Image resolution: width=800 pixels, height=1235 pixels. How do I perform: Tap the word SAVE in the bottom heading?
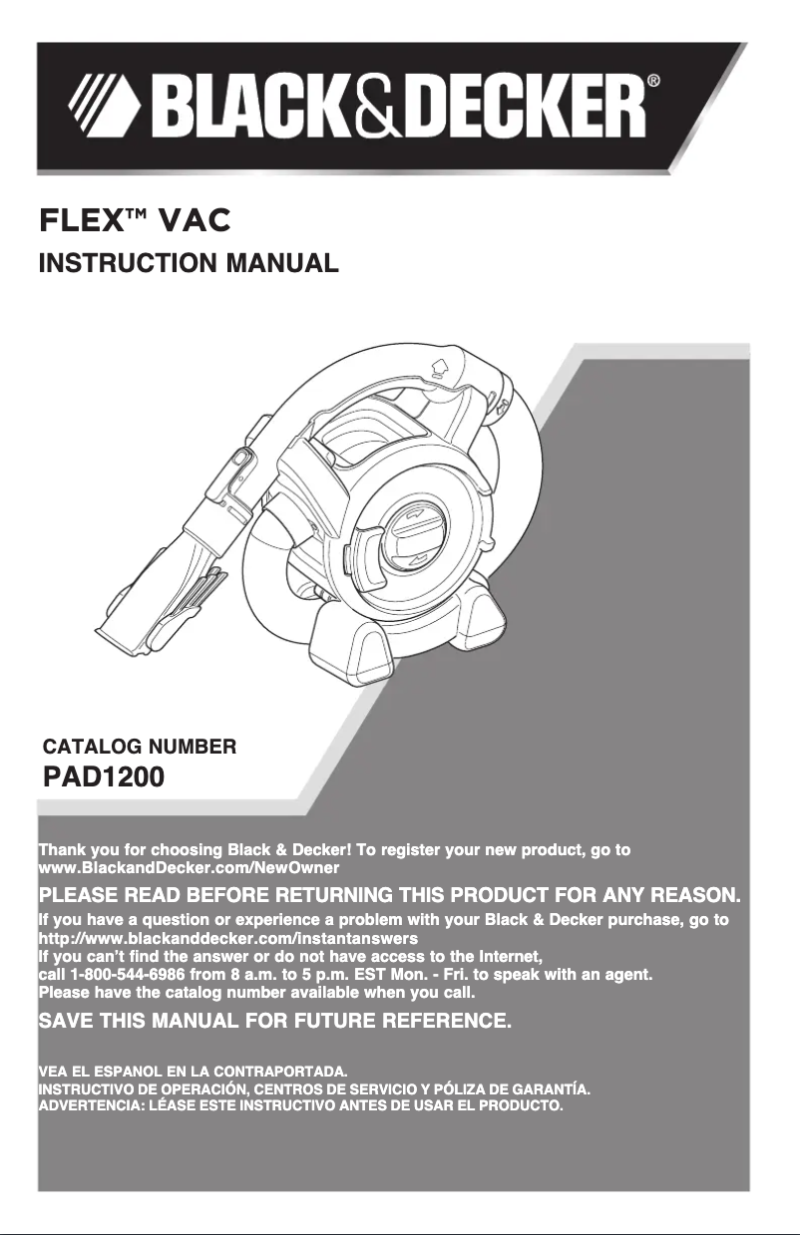67,1021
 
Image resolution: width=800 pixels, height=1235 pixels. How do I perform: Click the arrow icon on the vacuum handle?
440,368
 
